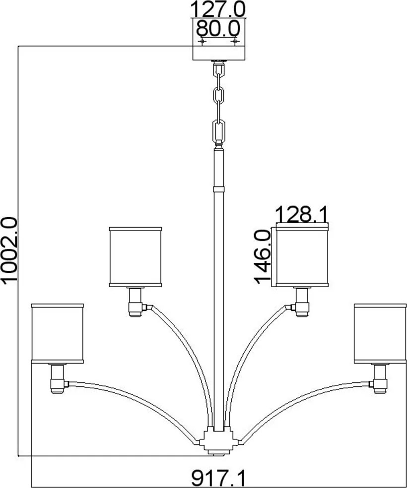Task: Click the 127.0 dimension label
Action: [x=217, y=9]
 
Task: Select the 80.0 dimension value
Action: [x=218, y=29]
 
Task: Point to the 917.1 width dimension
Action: [x=218, y=478]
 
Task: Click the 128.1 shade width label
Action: [x=302, y=214]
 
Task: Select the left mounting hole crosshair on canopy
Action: [x=203, y=41]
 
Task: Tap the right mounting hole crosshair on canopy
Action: [x=234, y=41]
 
